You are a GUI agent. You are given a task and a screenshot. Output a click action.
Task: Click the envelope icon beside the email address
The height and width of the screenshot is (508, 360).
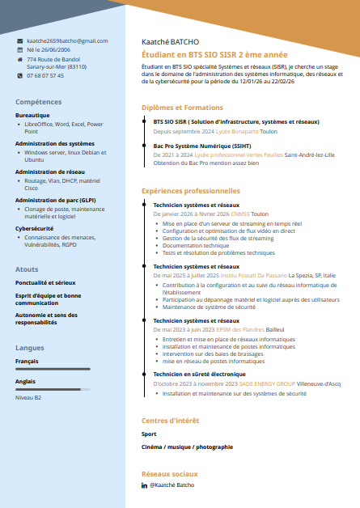(x=19, y=40)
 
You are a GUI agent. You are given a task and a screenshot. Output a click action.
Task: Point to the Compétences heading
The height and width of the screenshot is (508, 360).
(x=38, y=102)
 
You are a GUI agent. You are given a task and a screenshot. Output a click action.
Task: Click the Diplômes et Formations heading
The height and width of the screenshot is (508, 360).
(x=182, y=108)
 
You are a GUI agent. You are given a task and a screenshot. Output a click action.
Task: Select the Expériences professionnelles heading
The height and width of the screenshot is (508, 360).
(x=191, y=191)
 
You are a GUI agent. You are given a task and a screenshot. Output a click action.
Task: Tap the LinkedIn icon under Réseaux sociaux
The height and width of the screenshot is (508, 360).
(x=145, y=485)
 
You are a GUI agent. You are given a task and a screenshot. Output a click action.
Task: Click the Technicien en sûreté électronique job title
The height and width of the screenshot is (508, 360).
(x=199, y=375)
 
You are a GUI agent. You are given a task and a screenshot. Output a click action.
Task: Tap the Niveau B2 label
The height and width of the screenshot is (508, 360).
(x=28, y=398)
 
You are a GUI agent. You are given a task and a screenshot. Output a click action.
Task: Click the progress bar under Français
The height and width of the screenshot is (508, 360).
(x=53, y=369)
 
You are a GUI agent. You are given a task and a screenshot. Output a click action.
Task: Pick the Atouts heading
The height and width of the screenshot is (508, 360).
(x=27, y=269)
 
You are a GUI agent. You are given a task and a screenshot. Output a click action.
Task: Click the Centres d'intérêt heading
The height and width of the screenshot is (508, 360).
(x=170, y=421)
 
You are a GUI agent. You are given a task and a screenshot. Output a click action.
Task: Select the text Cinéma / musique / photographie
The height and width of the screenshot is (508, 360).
(x=187, y=447)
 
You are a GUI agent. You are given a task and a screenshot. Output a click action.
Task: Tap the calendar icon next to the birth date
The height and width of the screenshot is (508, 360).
(x=19, y=49)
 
